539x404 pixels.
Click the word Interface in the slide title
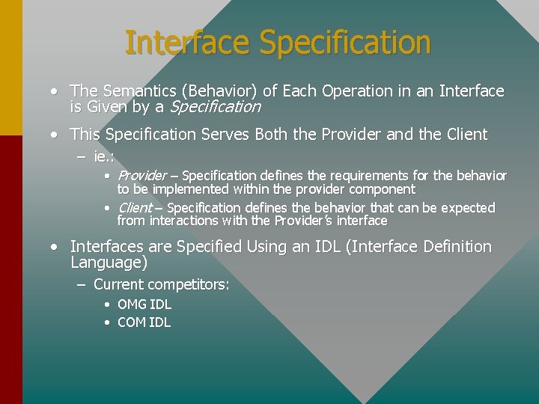click(x=188, y=43)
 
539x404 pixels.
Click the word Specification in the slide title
click(x=345, y=43)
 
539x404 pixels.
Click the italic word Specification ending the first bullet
click(x=216, y=107)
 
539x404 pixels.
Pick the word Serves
click(x=222, y=135)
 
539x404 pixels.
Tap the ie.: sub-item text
click(x=103, y=156)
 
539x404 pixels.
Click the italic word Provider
click(x=142, y=176)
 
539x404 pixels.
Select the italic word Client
click(x=135, y=207)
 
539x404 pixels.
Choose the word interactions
click(x=185, y=221)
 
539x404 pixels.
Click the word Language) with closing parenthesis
click(x=109, y=263)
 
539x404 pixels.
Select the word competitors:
click(x=189, y=285)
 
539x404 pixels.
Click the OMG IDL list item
click(x=144, y=304)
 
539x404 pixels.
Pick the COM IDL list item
click(x=144, y=322)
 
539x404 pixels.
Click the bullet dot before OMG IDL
click(x=107, y=304)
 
